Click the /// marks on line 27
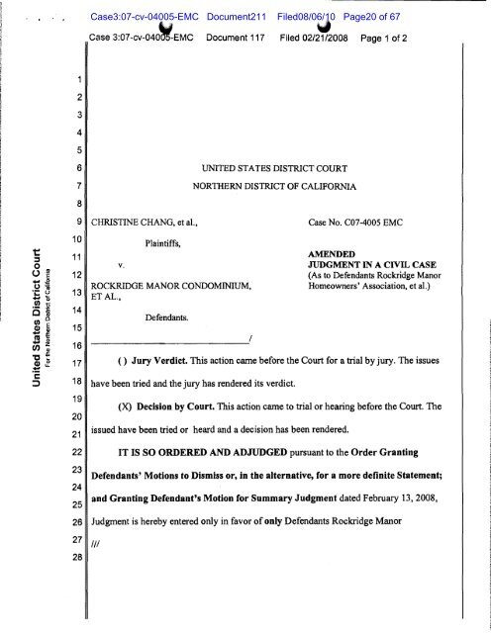click(x=97, y=540)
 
